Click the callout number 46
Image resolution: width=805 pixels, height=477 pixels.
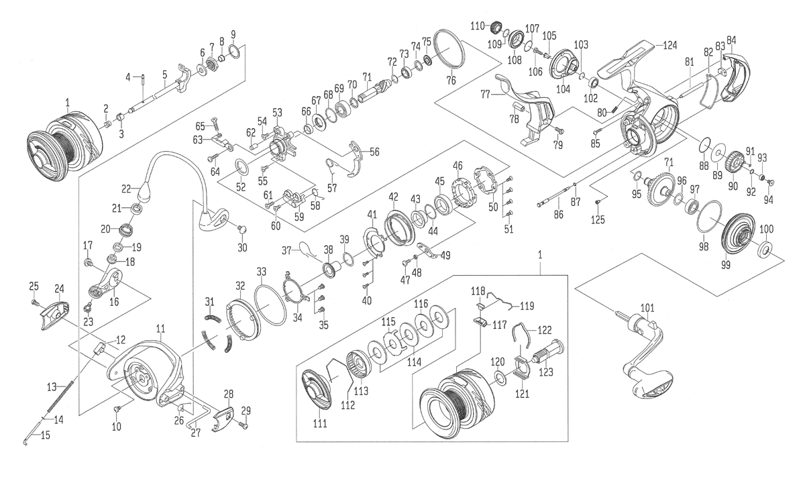click(458, 166)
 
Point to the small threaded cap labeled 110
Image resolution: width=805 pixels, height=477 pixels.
click(497, 28)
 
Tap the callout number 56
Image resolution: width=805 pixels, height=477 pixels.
click(374, 152)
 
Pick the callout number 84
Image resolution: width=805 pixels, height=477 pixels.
click(731, 39)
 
